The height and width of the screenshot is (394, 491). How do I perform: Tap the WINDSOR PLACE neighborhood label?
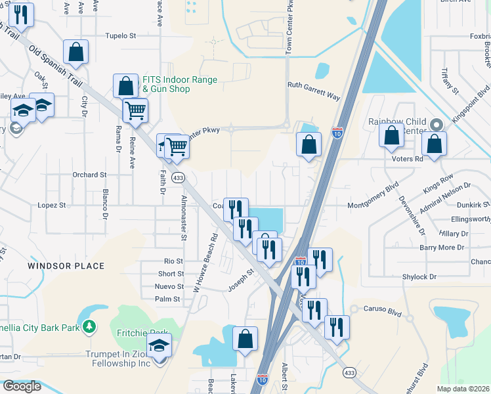click(x=66, y=266)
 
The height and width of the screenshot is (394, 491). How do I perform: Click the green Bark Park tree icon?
click(x=89, y=326)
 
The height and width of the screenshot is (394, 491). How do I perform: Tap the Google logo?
click(x=22, y=386)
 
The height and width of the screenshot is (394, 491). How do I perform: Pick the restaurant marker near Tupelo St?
click(x=22, y=16)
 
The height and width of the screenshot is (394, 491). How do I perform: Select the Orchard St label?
click(x=89, y=175)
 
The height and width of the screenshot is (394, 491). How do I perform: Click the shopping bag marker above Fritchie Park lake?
click(x=245, y=339)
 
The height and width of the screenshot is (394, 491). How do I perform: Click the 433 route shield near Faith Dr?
click(x=178, y=178)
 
